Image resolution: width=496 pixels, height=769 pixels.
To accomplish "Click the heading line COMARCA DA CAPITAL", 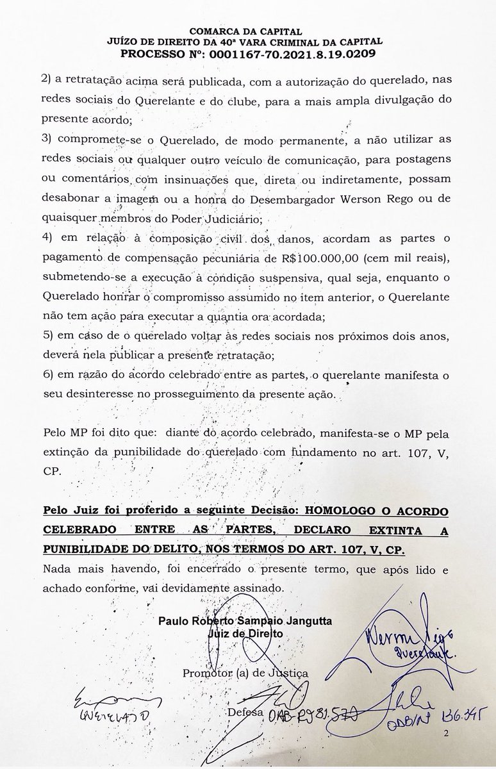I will pos(247,30).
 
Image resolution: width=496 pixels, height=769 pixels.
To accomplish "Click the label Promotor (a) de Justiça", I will pos(245,674).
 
